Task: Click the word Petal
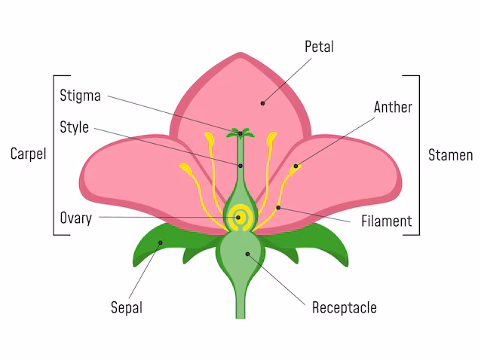pos(319,47)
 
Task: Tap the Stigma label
pos(80,96)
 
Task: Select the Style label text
pos(74,127)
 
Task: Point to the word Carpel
pos(28,154)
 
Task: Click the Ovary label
pos(75,218)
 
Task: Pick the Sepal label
pos(126,307)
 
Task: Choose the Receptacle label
pos(344,307)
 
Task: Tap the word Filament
pos(386,221)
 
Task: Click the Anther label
pos(393,107)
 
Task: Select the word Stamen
pos(450,155)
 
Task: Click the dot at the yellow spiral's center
pos(239,217)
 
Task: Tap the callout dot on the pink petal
pos(263,102)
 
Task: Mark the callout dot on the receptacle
pos(247,255)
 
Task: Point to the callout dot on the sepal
pos(160,243)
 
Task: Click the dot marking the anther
pos(296,166)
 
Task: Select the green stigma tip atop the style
pos(241,134)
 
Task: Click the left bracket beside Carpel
pos(54,154)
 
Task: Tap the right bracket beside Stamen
pos(418,154)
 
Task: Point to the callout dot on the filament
pos(278,207)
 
